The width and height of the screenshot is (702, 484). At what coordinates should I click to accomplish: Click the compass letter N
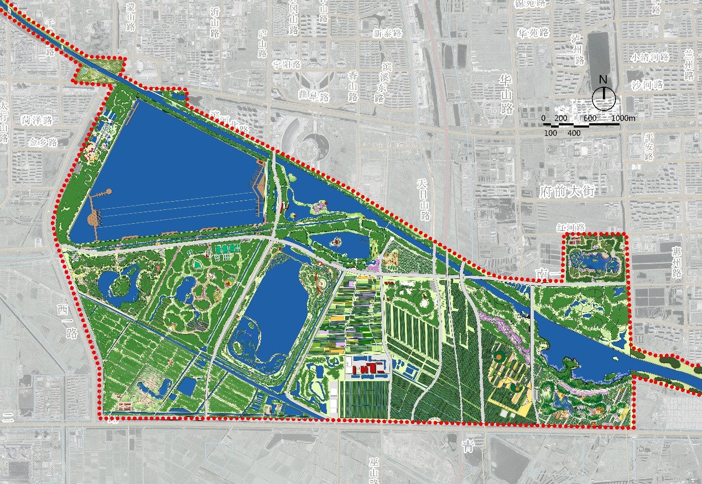(x=604, y=80)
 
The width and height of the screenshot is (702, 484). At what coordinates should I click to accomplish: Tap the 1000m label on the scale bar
(x=624, y=119)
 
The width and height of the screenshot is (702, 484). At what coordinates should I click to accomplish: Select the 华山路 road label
(x=506, y=94)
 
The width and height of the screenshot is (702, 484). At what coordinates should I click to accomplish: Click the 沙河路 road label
(x=647, y=85)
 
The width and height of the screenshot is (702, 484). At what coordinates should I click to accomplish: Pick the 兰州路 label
(x=689, y=64)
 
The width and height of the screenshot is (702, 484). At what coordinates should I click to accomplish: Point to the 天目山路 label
(x=424, y=199)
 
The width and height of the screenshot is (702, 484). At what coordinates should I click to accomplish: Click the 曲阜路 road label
(x=313, y=97)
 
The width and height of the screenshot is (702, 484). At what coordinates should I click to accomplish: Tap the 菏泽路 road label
(x=37, y=120)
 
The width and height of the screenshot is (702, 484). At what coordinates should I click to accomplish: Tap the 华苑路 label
(x=533, y=33)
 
